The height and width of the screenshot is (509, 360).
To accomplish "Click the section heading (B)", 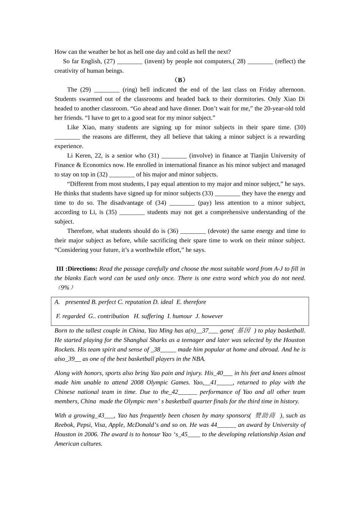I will (180, 80).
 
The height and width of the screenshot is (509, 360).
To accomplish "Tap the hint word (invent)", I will (154, 61).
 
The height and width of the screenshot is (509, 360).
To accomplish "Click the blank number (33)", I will (208, 193).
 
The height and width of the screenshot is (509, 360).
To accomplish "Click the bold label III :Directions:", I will (77, 269).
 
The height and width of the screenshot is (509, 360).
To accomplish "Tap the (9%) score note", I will (64, 287).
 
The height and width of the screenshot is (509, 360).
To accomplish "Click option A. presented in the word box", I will (72, 302).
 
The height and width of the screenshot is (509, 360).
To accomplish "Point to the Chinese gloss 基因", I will (244, 330).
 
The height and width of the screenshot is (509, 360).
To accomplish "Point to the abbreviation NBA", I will (197, 359).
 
